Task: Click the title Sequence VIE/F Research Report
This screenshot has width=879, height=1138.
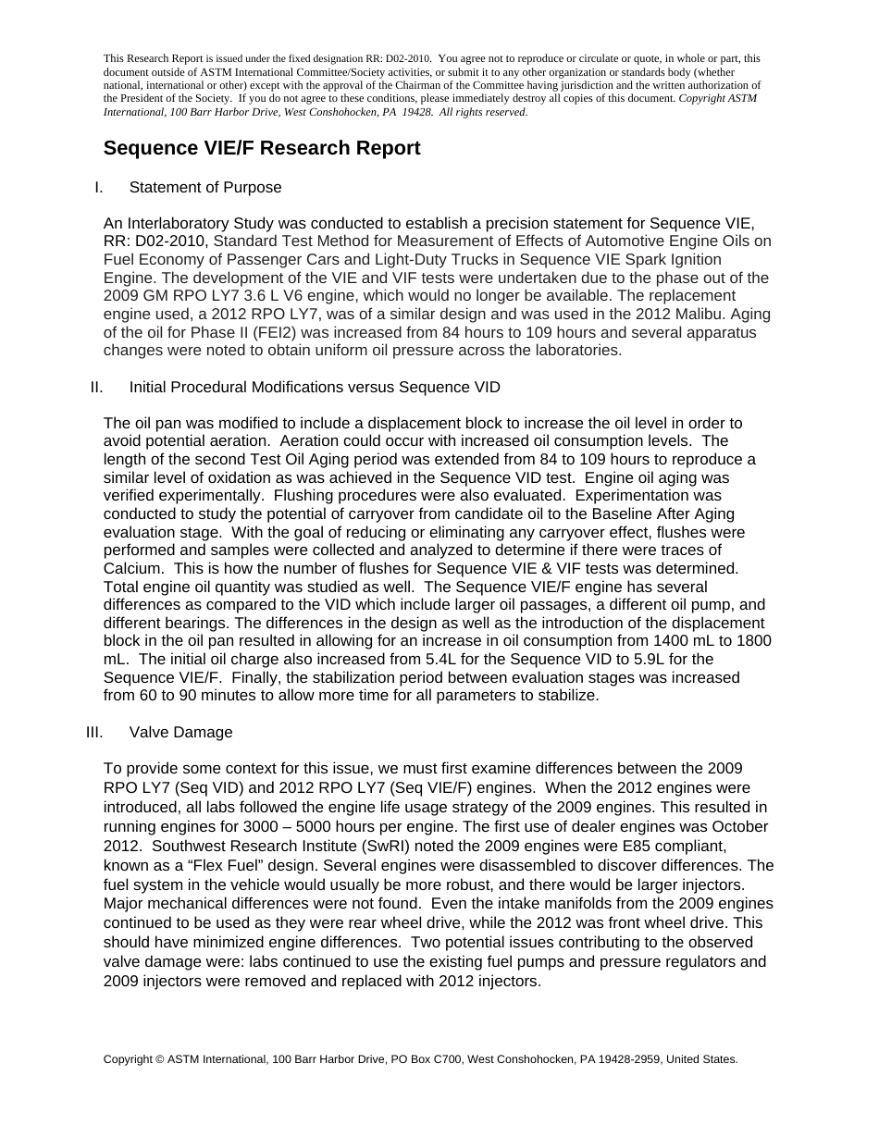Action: pos(262,148)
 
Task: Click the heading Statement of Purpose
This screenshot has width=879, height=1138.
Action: pos(205,188)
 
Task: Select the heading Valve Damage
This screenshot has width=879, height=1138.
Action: pos(180,733)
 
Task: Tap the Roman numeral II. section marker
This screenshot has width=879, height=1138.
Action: pos(97,387)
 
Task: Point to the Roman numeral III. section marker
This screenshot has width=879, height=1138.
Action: pos(94,733)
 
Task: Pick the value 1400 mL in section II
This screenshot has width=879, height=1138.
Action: pos(686,641)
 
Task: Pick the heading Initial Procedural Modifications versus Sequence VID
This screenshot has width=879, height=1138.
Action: pos(315,387)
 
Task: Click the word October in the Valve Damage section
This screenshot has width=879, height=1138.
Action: pos(741,827)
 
